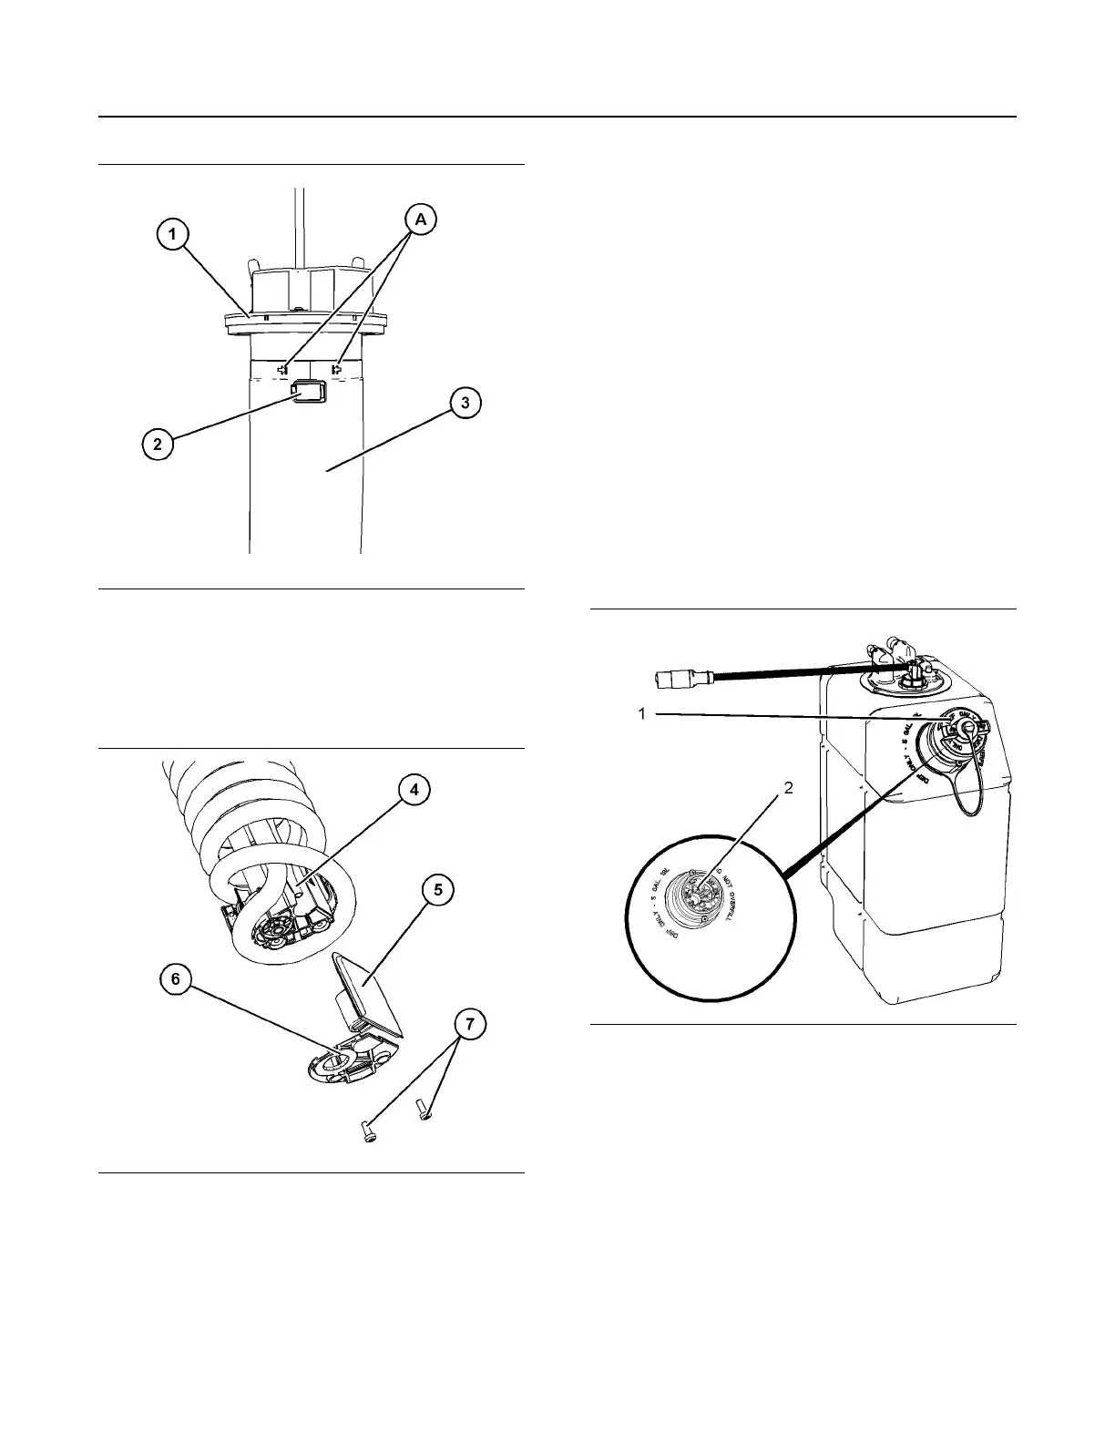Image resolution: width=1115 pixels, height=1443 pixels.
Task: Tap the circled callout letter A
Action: coord(420,219)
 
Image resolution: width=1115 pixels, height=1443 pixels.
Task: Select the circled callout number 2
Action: coord(158,445)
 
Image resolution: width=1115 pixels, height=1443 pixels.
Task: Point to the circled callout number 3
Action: coord(465,404)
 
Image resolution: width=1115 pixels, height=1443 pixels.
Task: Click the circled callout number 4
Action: coord(414,790)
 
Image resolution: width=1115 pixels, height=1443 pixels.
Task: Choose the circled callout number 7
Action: coord(469,1025)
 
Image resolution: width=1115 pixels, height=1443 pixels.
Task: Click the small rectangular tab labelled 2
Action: coord(307,393)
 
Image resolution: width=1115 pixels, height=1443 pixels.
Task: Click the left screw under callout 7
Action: coord(368,1132)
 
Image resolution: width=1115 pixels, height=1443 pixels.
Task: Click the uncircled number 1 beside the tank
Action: coord(642,714)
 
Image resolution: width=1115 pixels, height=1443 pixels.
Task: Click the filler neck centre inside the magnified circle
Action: coord(699,896)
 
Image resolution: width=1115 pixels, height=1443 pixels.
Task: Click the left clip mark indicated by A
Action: coord(283,370)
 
